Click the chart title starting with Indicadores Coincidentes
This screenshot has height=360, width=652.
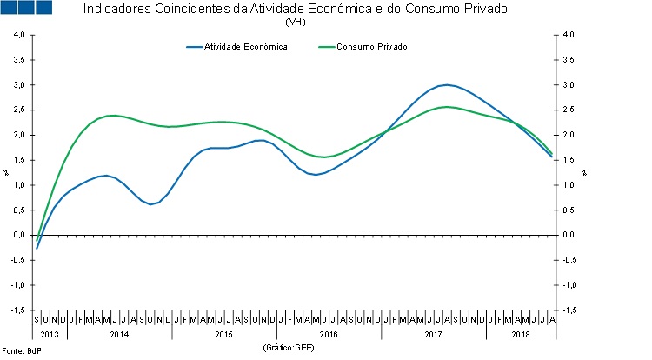pyautogui.click(x=295, y=9)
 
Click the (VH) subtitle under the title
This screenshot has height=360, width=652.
pyautogui.click(x=296, y=22)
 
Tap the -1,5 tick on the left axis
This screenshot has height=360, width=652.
pyautogui.click(x=17, y=310)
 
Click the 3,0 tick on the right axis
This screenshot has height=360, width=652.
pyautogui.click(x=569, y=85)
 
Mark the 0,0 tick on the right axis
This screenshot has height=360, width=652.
pyautogui.click(x=569, y=235)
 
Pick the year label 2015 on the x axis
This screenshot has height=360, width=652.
pyautogui.click(x=224, y=334)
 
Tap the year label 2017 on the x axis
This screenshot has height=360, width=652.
pyautogui.click(x=433, y=334)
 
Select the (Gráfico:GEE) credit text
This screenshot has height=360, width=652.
pyautogui.click(x=288, y=348)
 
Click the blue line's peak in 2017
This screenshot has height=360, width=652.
pyautogui.click(x=446, y=85)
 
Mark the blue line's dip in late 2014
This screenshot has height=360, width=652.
pyautogui.click(x=151, y=204)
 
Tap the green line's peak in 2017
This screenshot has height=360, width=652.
pyautogui.click(x=446, y=107)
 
